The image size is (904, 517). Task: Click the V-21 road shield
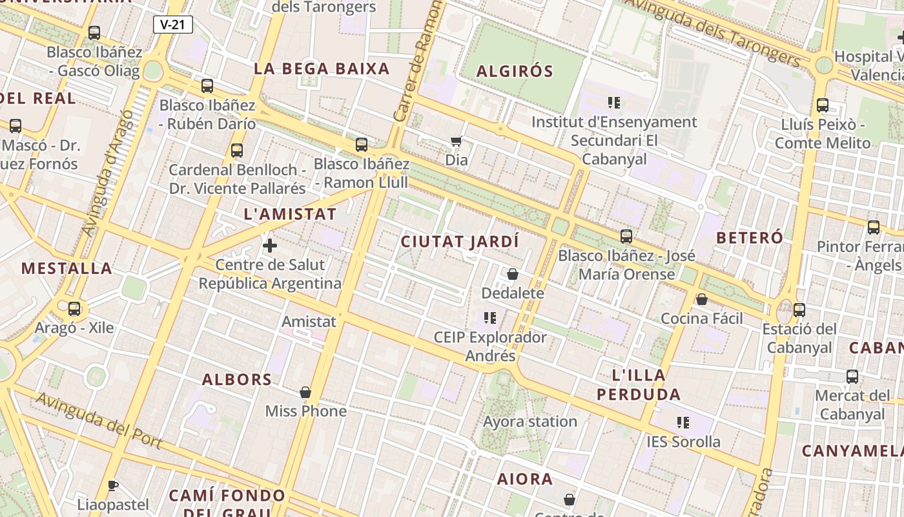click(x=173, y=25)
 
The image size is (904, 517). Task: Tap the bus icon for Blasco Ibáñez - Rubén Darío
click(x=207, y=85)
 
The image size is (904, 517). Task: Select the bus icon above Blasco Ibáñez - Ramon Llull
click(x=362, y=144)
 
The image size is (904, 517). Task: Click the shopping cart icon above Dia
click(x=457, y=140)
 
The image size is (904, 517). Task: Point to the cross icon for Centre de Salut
click(x=270, y=246)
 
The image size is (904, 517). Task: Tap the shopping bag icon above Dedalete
click(x=513, y=274)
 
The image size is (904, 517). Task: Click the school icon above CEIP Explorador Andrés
click(x=490, y=318)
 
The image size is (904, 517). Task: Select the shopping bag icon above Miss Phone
click(x=305, y=392)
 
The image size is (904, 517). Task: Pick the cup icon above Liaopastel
click(x=113, y=485)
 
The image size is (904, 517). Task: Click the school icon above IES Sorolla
click(x=683, y=423)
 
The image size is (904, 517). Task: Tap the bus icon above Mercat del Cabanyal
click(x=852, y=376)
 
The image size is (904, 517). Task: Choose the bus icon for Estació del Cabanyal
click(x=799, y=310)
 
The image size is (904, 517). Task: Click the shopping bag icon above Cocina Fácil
click(x=702, y=299)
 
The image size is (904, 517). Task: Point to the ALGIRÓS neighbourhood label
click(x=515, y=71)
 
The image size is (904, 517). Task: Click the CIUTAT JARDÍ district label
click(x=460, y=242)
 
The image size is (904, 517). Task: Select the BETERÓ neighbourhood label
click(x=750, y=237)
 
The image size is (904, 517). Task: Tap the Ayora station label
click(x=530, y=421)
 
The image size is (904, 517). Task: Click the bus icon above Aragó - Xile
click(x=74, y=308)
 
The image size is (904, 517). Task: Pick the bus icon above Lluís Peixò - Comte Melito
click(x=823, y=105)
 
